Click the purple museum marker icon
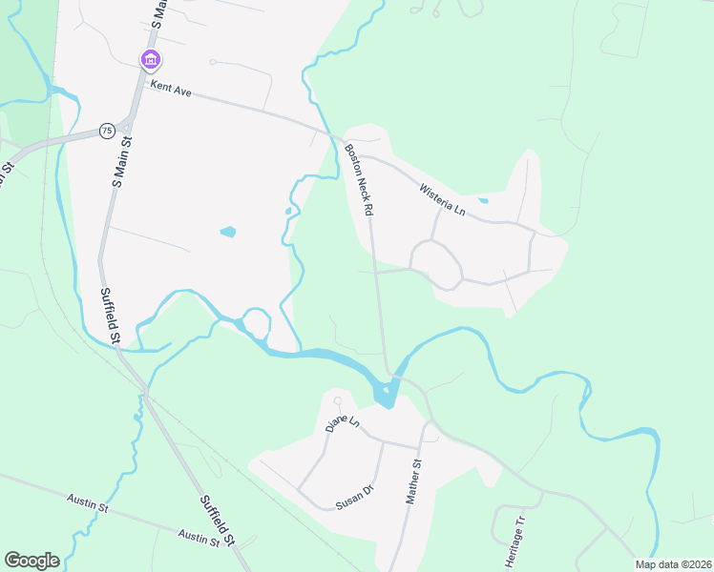pos(150,60)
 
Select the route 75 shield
pos(105,131)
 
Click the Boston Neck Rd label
pos(359,178)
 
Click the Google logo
pos(31,561)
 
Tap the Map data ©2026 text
pos(671,564)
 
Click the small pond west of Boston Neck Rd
pos(227,231)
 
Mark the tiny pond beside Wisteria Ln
pos(483,201)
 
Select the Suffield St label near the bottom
pos(218,521)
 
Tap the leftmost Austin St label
pos(85,500)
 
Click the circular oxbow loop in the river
pos(255,322)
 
